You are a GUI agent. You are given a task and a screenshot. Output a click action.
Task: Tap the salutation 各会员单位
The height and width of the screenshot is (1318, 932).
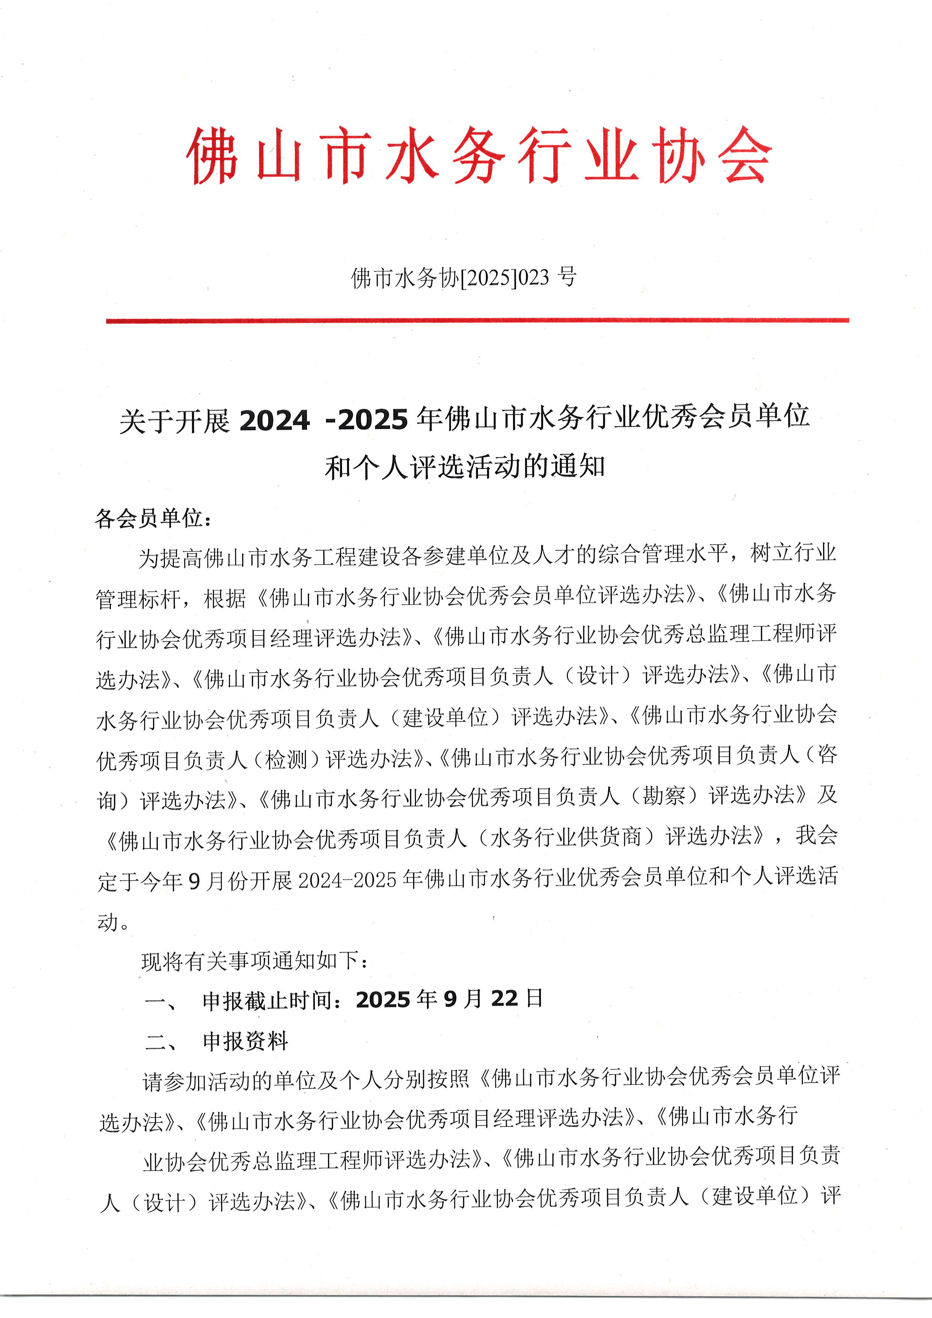coord(149,518)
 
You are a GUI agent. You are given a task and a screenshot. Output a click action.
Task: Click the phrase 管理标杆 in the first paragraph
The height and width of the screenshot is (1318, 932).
coord(138,599)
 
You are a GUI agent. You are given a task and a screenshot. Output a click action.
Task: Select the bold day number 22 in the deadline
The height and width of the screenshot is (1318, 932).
coord(504,999)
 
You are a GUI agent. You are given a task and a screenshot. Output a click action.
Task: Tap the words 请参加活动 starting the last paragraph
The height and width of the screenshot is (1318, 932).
coord(197,1082)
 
